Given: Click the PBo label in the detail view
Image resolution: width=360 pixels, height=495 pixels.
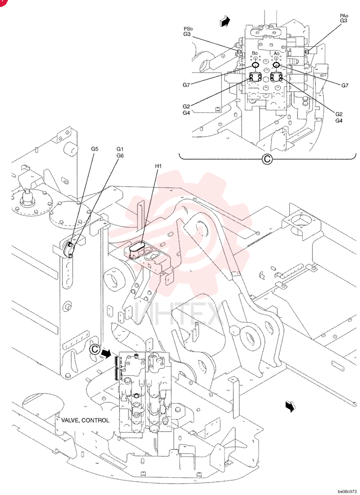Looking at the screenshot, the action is tap(188, 29).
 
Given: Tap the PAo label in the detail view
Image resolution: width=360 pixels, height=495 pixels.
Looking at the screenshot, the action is tap(344, 16).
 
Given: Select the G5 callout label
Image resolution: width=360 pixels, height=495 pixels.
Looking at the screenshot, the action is tap(94, 148).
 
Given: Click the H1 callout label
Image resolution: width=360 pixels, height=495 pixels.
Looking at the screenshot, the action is tap(158, 166).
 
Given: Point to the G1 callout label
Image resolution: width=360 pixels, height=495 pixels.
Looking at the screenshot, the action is tap(120, 149).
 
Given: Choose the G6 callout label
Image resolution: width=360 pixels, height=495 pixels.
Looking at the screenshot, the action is tap(120, 155).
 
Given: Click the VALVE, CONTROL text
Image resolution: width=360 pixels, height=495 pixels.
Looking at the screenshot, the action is tap(85, 420).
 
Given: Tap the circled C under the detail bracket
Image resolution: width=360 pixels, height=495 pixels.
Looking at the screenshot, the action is tap(267, 159).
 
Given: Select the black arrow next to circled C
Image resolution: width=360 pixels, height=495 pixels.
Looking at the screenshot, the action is tap(106, 353).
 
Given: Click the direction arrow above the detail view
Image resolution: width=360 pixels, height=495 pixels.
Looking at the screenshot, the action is tap(225, 22).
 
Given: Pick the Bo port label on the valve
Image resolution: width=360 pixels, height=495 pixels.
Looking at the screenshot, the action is tap(254, 53).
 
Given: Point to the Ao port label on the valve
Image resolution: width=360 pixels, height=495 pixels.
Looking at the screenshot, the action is tap(276, 53).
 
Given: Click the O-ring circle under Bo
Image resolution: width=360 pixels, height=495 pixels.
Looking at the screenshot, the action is tap(255, 65).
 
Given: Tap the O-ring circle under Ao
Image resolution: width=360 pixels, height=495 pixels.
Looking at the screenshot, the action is tap(276, 65).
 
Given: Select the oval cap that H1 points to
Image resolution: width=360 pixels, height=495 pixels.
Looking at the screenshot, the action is tap(137, 247).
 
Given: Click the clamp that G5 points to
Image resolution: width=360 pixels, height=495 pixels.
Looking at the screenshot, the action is tap(69, 249).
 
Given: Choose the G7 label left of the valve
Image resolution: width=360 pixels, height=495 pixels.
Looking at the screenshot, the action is tap(186, 85).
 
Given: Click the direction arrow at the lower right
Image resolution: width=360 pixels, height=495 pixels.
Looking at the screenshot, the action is tap(290, 406).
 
